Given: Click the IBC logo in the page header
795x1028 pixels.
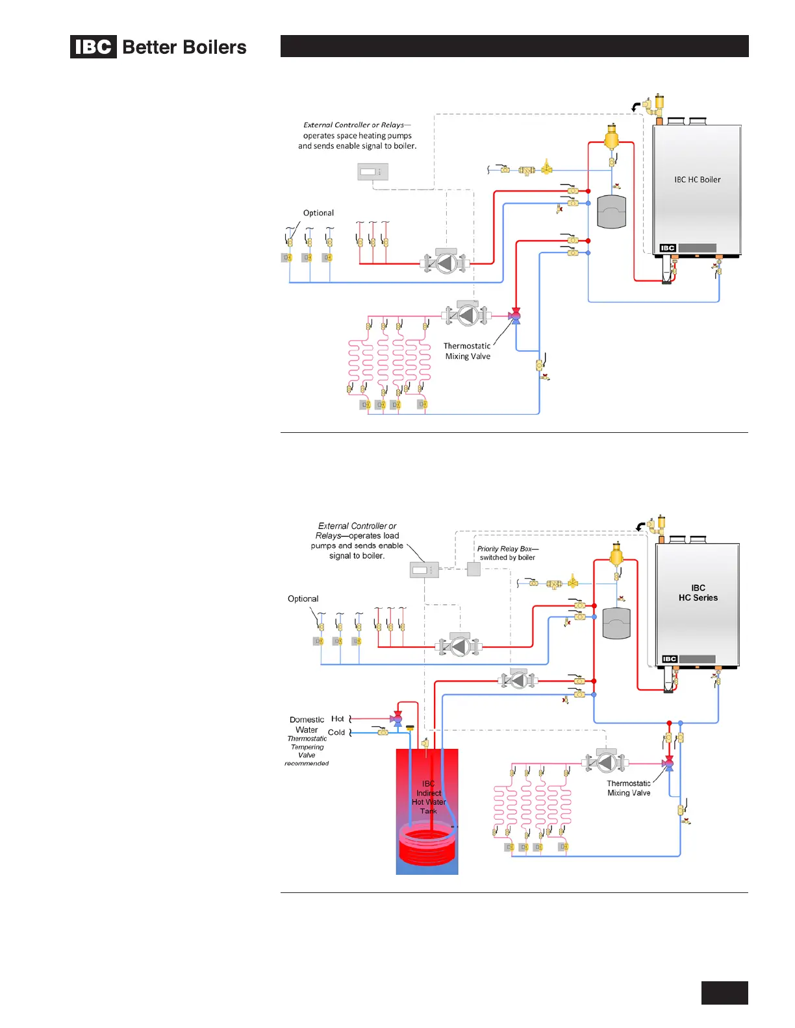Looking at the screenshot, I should coord(94,47).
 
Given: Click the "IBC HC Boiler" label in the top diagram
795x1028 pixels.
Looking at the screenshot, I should coord(697,180).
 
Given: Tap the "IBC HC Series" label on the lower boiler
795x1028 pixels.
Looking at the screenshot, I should coord(698,593).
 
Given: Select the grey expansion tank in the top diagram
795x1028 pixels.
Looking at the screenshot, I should coord(611,212).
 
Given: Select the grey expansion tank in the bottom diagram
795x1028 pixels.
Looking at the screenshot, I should coord(617,623).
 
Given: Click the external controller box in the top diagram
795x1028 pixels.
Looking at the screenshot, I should coord(373,172).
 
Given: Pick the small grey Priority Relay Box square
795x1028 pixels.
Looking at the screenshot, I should coord(473,569).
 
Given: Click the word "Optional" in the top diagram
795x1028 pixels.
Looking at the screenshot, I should coord(318,213).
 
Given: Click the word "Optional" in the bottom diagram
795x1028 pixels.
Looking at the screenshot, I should coord(303,599).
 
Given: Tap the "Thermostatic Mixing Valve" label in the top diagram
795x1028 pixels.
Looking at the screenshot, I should coord(467,351).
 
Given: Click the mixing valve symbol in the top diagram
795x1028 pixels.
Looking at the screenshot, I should coord(515,317).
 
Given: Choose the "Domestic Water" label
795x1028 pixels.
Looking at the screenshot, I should coord(307,725).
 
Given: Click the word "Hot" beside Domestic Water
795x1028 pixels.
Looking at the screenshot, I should coord(338,719).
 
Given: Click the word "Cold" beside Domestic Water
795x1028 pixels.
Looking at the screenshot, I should coord(336,733).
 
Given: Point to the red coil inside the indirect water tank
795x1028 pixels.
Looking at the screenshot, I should coord(427,844).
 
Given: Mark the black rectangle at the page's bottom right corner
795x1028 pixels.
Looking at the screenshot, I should coord(724,993).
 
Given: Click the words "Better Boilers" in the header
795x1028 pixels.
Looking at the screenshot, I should coord(184,47).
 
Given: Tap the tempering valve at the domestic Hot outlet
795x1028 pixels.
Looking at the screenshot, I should coord(397,719).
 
